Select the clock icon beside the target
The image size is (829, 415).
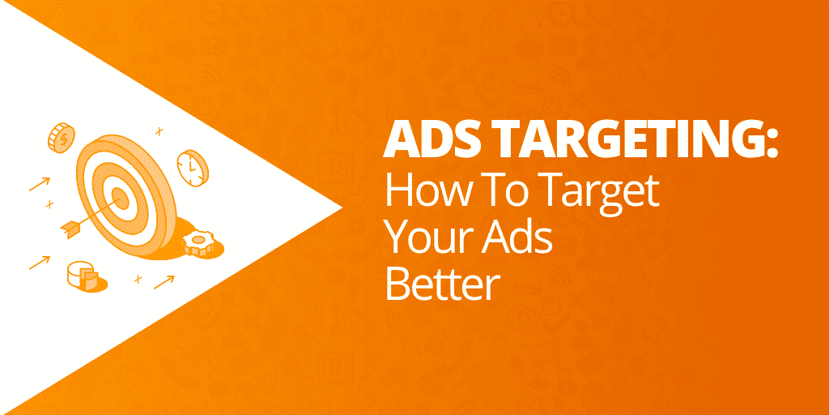[x=193, y=168]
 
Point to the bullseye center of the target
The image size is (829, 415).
[x=121, y=197]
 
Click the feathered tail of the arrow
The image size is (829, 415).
[x=71, y=228]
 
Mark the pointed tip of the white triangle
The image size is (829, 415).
[x=342, y=207]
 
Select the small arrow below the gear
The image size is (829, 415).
[x=164, y=282]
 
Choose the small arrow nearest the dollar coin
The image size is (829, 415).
[x=40, y=184]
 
